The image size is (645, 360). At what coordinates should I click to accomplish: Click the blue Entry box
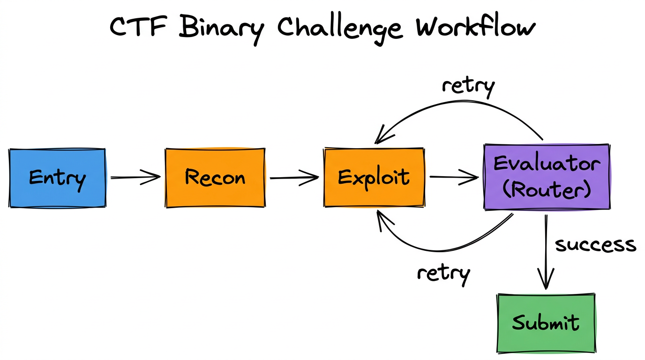pos(57,178)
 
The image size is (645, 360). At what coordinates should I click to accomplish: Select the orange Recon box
pos(215,178)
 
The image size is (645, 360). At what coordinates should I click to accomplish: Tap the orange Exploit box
pos(374,178)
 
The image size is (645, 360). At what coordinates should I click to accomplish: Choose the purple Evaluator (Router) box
pos(547,177)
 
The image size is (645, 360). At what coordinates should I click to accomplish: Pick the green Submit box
pos(546,323)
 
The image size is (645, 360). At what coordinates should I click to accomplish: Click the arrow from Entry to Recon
pos(135,178)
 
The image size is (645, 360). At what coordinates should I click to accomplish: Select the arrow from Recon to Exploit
pos(294,178)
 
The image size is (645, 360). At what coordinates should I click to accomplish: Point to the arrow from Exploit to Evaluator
pos(454,177)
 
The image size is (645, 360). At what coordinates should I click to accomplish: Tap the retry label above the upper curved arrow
pos(468,86)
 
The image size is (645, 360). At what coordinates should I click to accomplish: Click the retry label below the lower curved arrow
pos(443,273)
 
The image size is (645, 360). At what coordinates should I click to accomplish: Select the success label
pos(595,245)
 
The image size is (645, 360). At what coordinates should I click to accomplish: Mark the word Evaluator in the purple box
pos(547,164)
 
